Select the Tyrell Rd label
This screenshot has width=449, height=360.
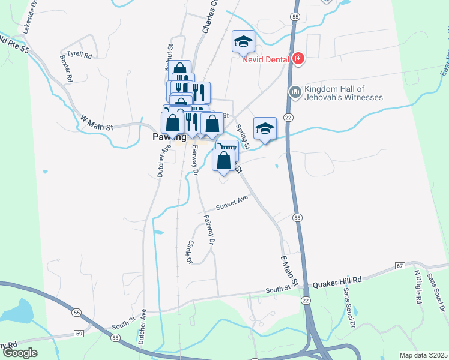[79, 55]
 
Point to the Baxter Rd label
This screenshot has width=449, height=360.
[65, 69]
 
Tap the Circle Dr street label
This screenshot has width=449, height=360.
[190, 252]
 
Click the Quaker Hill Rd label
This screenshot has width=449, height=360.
[339, 280]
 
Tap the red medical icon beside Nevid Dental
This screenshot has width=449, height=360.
[298, 59]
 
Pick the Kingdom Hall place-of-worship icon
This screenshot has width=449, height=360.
[294, 92]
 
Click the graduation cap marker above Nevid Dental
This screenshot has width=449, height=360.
[243, 41]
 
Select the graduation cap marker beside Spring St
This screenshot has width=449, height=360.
[265, 129]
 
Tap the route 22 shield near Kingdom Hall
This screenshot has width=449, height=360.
[289, 119]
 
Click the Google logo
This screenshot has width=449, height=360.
[19, 353]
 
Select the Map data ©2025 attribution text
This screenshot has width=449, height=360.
[424, 355]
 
